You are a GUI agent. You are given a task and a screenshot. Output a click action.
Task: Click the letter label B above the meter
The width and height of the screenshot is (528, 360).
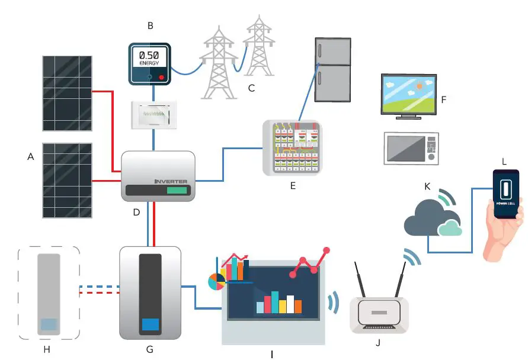point(150,25)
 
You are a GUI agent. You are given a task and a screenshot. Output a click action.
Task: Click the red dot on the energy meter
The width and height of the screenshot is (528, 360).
point(161,77)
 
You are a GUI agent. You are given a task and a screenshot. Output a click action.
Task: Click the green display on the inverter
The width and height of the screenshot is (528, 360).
point(178,191)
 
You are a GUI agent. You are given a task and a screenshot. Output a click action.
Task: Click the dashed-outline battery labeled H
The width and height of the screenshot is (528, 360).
point(49,293)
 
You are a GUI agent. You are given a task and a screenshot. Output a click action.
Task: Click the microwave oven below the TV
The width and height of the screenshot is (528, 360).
point(411,148)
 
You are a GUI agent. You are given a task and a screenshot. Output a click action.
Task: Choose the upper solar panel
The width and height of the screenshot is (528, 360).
point(67,93)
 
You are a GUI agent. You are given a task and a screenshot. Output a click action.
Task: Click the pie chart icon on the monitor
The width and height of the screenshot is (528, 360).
point(217,281)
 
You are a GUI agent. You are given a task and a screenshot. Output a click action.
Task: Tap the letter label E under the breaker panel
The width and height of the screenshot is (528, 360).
point(292,186)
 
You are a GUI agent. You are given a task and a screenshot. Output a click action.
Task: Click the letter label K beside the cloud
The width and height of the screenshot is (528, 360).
point(427,187)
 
